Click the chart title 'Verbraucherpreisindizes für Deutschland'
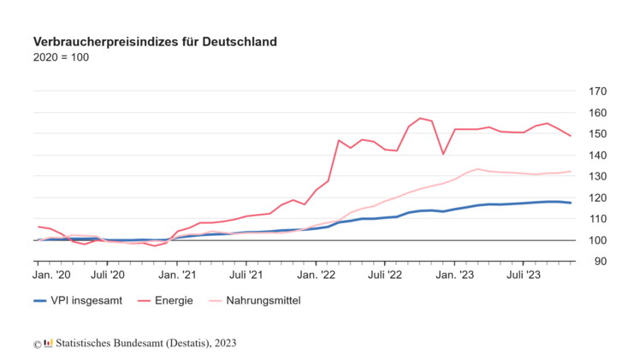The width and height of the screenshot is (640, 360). coord(154,41)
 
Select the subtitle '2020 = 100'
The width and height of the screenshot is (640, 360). coord(60,57)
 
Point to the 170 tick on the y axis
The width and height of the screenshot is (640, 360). coord(597,91)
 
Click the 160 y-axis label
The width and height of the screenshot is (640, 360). coord(597,113)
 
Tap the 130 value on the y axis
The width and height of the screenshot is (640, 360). coord(597,176)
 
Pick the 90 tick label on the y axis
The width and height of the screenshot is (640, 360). coord(600,262)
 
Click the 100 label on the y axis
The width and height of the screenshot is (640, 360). coord(597,240)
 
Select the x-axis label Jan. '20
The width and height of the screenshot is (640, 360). coord(51,275)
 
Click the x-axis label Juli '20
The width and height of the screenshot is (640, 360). coord(107,275)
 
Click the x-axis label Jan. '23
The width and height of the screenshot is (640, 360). coord(455,275)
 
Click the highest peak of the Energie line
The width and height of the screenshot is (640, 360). coord(420,118)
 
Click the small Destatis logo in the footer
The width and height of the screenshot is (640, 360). coord(48,343)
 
